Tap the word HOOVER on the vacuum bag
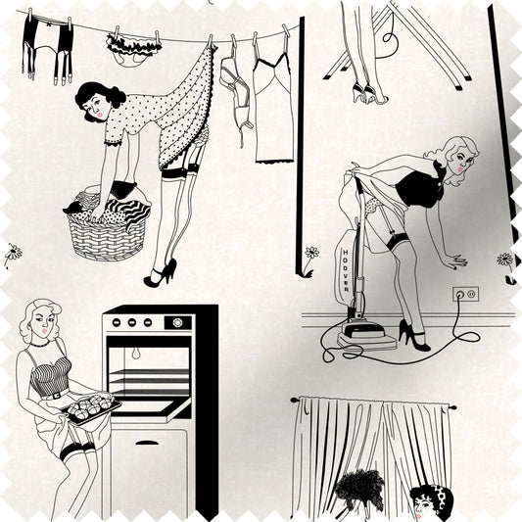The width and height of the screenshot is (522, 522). (346, 270)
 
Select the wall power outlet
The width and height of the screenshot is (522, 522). (465, 294)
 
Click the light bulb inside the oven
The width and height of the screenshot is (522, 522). (135, 354)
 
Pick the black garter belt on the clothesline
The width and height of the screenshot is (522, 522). (48, 48)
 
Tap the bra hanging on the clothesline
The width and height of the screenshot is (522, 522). (236, 97)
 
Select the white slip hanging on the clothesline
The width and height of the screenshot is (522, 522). (273, 108)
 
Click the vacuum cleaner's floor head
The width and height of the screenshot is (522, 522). (367, 336)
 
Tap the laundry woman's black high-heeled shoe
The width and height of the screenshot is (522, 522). (161, 273)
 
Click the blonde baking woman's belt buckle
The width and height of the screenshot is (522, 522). (56, 396)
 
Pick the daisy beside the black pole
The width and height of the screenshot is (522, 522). (311, 253)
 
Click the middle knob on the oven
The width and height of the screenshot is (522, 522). (132, 322)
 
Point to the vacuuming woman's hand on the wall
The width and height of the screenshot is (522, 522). (457, 260)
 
